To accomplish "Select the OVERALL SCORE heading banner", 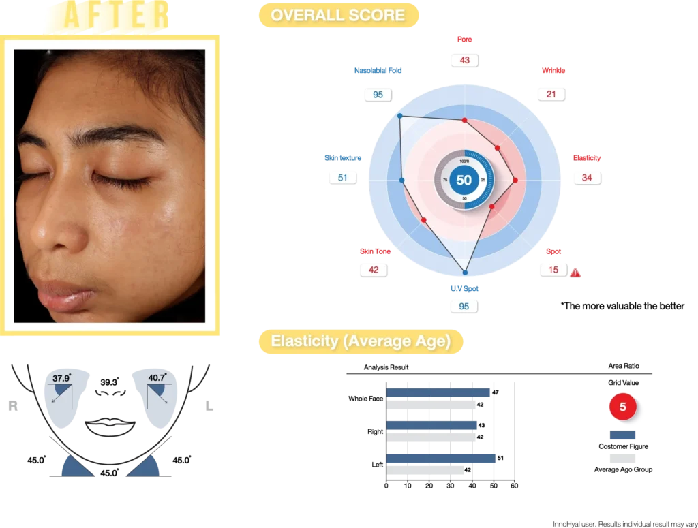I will click(337, 15).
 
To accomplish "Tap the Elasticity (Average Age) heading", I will click(360, 341).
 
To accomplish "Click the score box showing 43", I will click(464, 60).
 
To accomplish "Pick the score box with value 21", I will click(551, 94).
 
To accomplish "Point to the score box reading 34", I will click(586, 177).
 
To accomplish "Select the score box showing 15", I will click(553, 270).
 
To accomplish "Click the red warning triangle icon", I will click(575, 273).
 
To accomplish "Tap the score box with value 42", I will click(373, 270).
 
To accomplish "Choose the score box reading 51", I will click(342, 177).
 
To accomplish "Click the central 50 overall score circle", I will click(464, 181).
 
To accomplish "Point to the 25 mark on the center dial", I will click(483, 180).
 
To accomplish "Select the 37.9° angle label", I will click(61, 377).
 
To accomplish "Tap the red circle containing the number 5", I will click(622, 407).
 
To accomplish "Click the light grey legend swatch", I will click(621, 458).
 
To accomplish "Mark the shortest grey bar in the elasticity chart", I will click(425, 470).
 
